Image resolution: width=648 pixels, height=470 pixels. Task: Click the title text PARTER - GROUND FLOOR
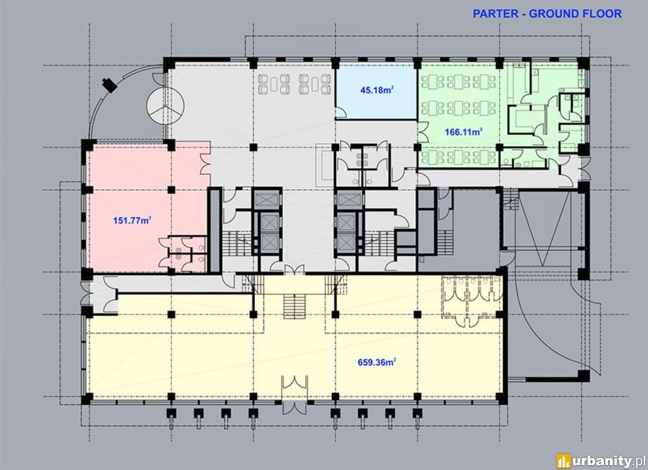click(547, 14)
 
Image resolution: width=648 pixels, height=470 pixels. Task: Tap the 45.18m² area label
click(376, 90)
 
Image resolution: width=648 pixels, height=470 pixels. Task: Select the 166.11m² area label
click(464, 132)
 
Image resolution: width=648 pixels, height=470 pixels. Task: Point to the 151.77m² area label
click(132, 220)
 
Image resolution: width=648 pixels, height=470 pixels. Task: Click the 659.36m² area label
click(377, 362)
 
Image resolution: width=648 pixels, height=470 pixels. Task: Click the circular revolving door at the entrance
click(166, 105)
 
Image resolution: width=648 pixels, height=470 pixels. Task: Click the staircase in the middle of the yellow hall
click(294, 306)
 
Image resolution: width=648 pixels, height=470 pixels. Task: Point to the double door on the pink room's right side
click(206, 164)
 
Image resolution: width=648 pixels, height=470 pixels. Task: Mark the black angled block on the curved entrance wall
click(110, 84)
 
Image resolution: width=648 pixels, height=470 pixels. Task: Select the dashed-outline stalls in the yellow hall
click(471, 297)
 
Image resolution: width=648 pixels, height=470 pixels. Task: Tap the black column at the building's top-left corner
click(169, 64)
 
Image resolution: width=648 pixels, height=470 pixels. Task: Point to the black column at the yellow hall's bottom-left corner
click(87, 398)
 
